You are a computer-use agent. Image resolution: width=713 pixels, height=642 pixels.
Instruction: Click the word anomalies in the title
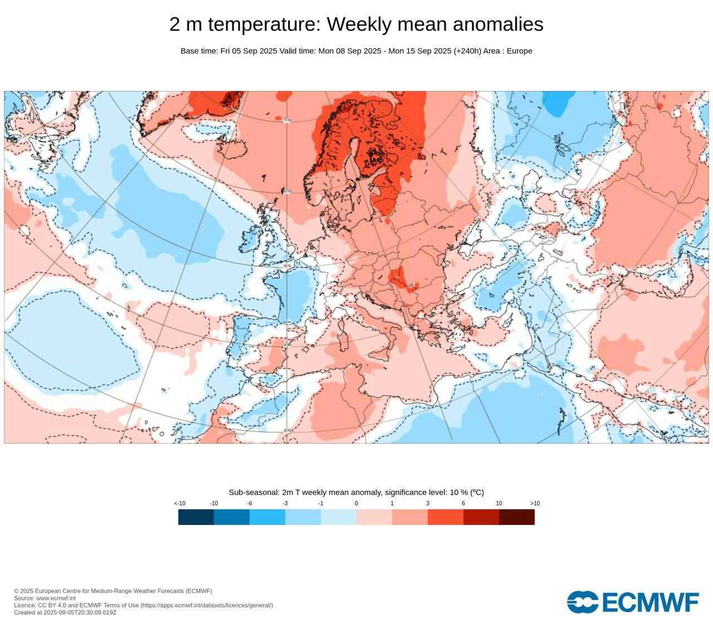pos(498,25)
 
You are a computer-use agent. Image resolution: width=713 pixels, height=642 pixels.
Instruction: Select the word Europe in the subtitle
pos(519,51)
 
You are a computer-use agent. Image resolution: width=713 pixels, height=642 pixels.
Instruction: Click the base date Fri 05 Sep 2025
pos(248,51)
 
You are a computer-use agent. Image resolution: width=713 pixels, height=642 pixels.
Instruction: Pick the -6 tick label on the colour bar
pos(249,503)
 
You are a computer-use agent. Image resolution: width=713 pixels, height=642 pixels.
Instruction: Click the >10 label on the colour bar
pos(535,503)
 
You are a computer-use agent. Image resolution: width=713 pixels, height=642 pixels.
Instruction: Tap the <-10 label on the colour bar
pos(179,503)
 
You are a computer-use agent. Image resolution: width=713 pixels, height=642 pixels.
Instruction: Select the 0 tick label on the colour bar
pos(356,503)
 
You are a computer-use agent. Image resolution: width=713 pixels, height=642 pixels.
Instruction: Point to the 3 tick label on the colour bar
pos(428,503)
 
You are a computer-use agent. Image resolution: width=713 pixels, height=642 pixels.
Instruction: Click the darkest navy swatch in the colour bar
pos(196,517)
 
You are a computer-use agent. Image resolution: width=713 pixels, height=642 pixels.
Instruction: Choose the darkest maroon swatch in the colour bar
pos(517,517)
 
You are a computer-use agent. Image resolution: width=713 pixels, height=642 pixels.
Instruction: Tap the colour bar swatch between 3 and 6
pos(446,517)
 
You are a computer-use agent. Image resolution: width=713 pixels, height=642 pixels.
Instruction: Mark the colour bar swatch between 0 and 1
pos(374,517)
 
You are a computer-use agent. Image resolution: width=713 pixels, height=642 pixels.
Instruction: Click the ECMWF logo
pos(633,602)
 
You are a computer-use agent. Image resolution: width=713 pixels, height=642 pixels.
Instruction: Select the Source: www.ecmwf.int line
pos(45,598)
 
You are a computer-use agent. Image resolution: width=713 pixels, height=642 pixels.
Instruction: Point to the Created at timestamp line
pos(65,612)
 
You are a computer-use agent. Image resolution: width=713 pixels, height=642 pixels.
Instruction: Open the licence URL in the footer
pos(206,605)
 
